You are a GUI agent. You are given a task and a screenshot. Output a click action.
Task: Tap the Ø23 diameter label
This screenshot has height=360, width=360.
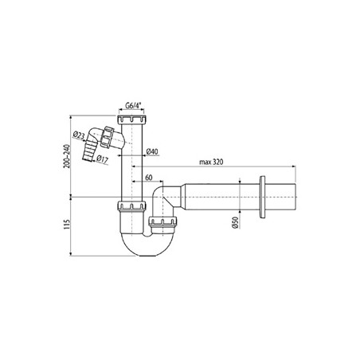(x=78, y=135)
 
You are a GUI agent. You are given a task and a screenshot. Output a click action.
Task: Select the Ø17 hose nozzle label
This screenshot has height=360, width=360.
(x=102, y=159)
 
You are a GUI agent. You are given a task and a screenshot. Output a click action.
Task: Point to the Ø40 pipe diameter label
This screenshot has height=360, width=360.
(x=152, y=151)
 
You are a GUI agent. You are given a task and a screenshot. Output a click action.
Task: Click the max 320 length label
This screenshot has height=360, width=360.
(x=211, y=162)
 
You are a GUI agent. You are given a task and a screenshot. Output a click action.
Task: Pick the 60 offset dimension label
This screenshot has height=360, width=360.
(x=149, y=178)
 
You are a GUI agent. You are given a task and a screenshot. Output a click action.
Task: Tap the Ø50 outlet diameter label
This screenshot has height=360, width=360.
(x=235, y=222)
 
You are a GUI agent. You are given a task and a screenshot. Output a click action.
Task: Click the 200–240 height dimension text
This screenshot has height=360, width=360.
(x=67, y=156)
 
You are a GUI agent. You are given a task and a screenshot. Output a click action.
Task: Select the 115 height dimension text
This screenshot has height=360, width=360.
(x=67, y=225)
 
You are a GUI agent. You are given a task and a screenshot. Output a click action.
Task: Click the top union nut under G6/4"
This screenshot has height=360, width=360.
(x=131, y=119)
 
